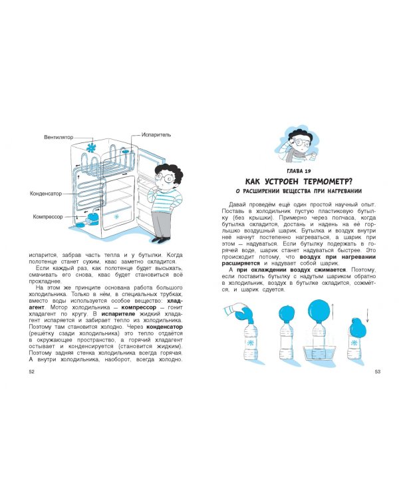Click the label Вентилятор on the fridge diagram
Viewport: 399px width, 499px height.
pyautogui.click(x=59, y=137)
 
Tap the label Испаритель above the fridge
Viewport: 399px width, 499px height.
pyautogui.click(x=156, y=134)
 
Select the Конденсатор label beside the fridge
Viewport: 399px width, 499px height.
pyautogui.click(x=46, y=194)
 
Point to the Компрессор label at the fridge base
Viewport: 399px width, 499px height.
pyautogui.click(x=48, y=217)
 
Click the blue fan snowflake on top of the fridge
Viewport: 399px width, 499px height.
pyautogui.click(x=92, y=148)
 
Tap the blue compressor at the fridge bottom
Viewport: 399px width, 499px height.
pyautogui.click(x=93, y=218)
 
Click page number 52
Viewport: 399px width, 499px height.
pyautogui.click(x=31, y=371)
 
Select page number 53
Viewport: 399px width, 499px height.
pyautogui.click(x=377, y=371)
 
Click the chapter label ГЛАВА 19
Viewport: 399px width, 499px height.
pyautogui.click(x=298, y=171)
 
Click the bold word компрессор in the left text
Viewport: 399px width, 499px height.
pyautogui.click(x=139, y=307)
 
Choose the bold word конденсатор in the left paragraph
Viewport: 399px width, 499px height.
pyautogui.click(x=164, y=327)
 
